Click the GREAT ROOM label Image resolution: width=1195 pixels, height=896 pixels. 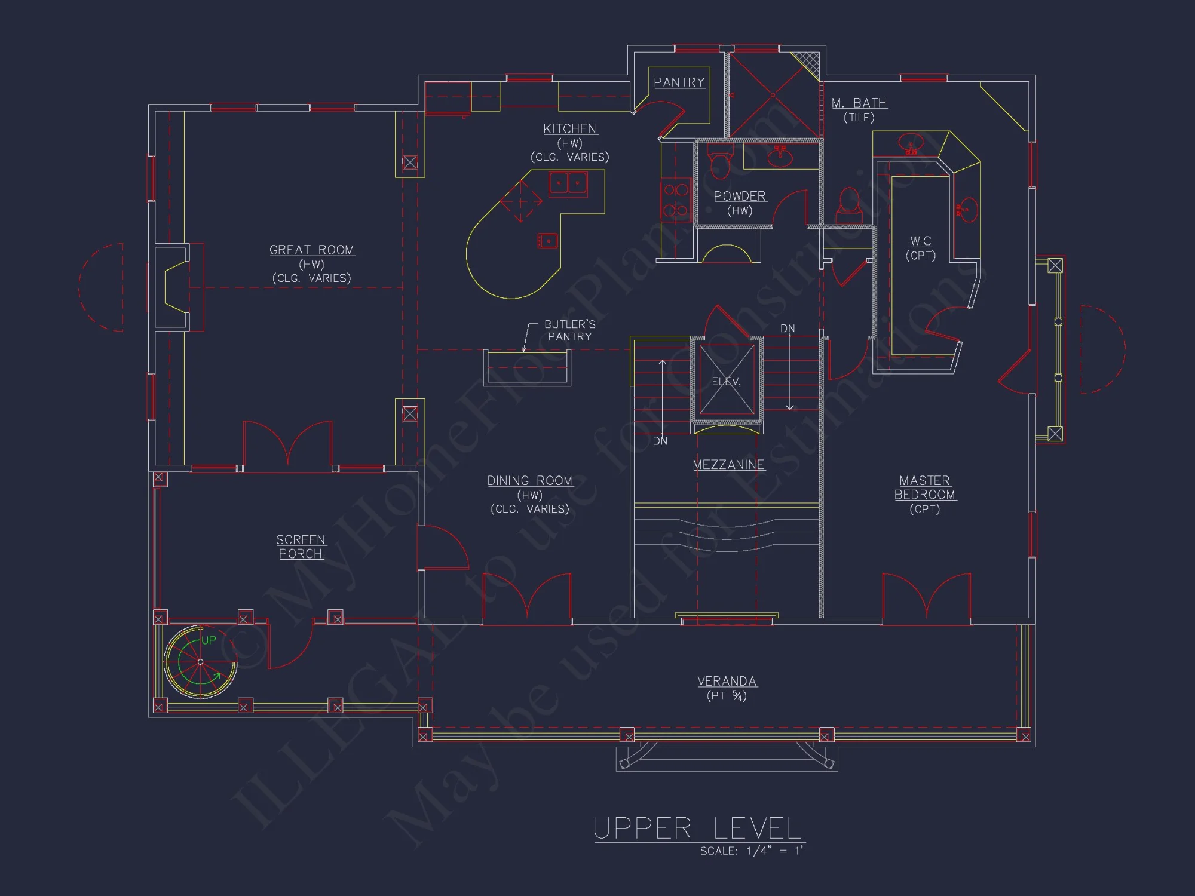click(312, 250)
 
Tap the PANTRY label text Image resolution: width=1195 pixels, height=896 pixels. click(679, 82)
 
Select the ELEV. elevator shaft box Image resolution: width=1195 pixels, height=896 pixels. click(727, 381)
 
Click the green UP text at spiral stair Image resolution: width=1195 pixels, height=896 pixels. click(209, 640)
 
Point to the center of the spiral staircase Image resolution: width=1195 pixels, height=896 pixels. click(200, 662)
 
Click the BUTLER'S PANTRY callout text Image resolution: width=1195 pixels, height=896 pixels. click(569, 330)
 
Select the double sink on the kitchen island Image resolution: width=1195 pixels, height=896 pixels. click(568, 183)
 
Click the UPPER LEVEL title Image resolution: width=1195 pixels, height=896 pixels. click(697, 829)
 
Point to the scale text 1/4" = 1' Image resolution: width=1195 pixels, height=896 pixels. click(774, 851)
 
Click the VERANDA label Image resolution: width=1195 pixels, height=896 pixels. click(727, 682)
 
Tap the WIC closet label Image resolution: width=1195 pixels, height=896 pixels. click(921, 241)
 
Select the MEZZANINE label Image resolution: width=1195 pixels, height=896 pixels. click(728, 465)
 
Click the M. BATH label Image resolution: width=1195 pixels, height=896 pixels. click(859, 103)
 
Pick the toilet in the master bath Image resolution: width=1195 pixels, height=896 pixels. click(849, 203)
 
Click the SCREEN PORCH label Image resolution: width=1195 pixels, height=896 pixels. click(301, 547)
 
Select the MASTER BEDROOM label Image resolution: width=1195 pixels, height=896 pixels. click(925, 488)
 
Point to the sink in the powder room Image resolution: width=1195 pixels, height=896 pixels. click(780, 156)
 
